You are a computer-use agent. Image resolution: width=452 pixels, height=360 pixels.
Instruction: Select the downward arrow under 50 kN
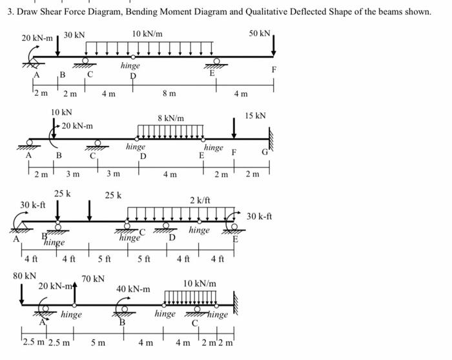[x=274, y=45]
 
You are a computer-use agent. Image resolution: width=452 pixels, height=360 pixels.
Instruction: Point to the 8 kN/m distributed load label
[x=171, y=118]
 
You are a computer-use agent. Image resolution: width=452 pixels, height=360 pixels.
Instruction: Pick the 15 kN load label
[x=254, y=116]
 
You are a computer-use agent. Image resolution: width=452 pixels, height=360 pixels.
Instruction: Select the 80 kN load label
[x=25, y=276]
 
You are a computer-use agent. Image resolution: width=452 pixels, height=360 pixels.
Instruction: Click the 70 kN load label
[x=92, y=279]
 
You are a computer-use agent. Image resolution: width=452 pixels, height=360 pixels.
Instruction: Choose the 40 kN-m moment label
[x=133, y=288]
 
